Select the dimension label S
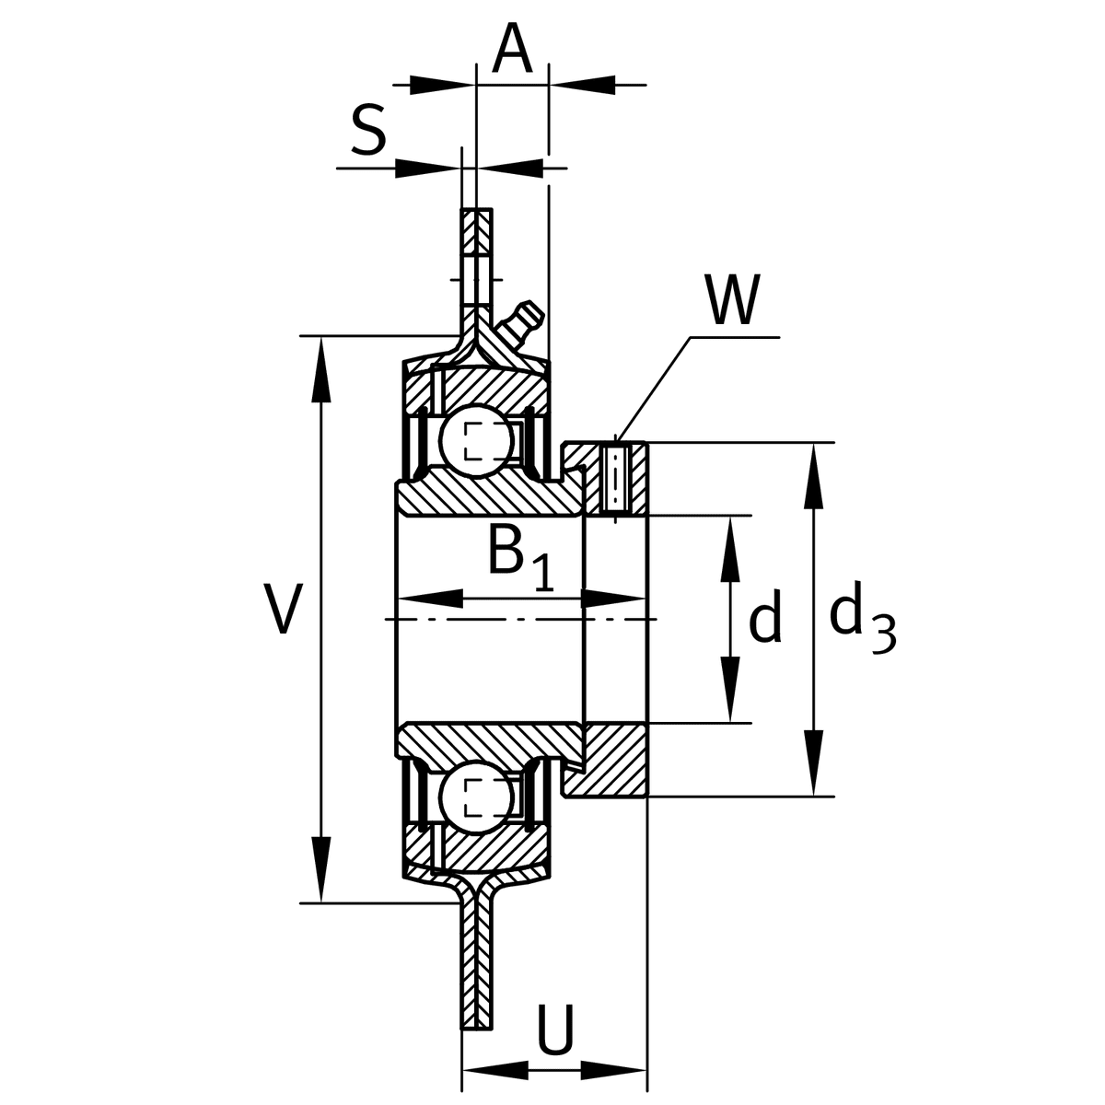click(x=368, y=131)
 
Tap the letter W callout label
click(x=733, y=301)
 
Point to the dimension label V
click(x=283, y=610)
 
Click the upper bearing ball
click(x=475, y=440)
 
